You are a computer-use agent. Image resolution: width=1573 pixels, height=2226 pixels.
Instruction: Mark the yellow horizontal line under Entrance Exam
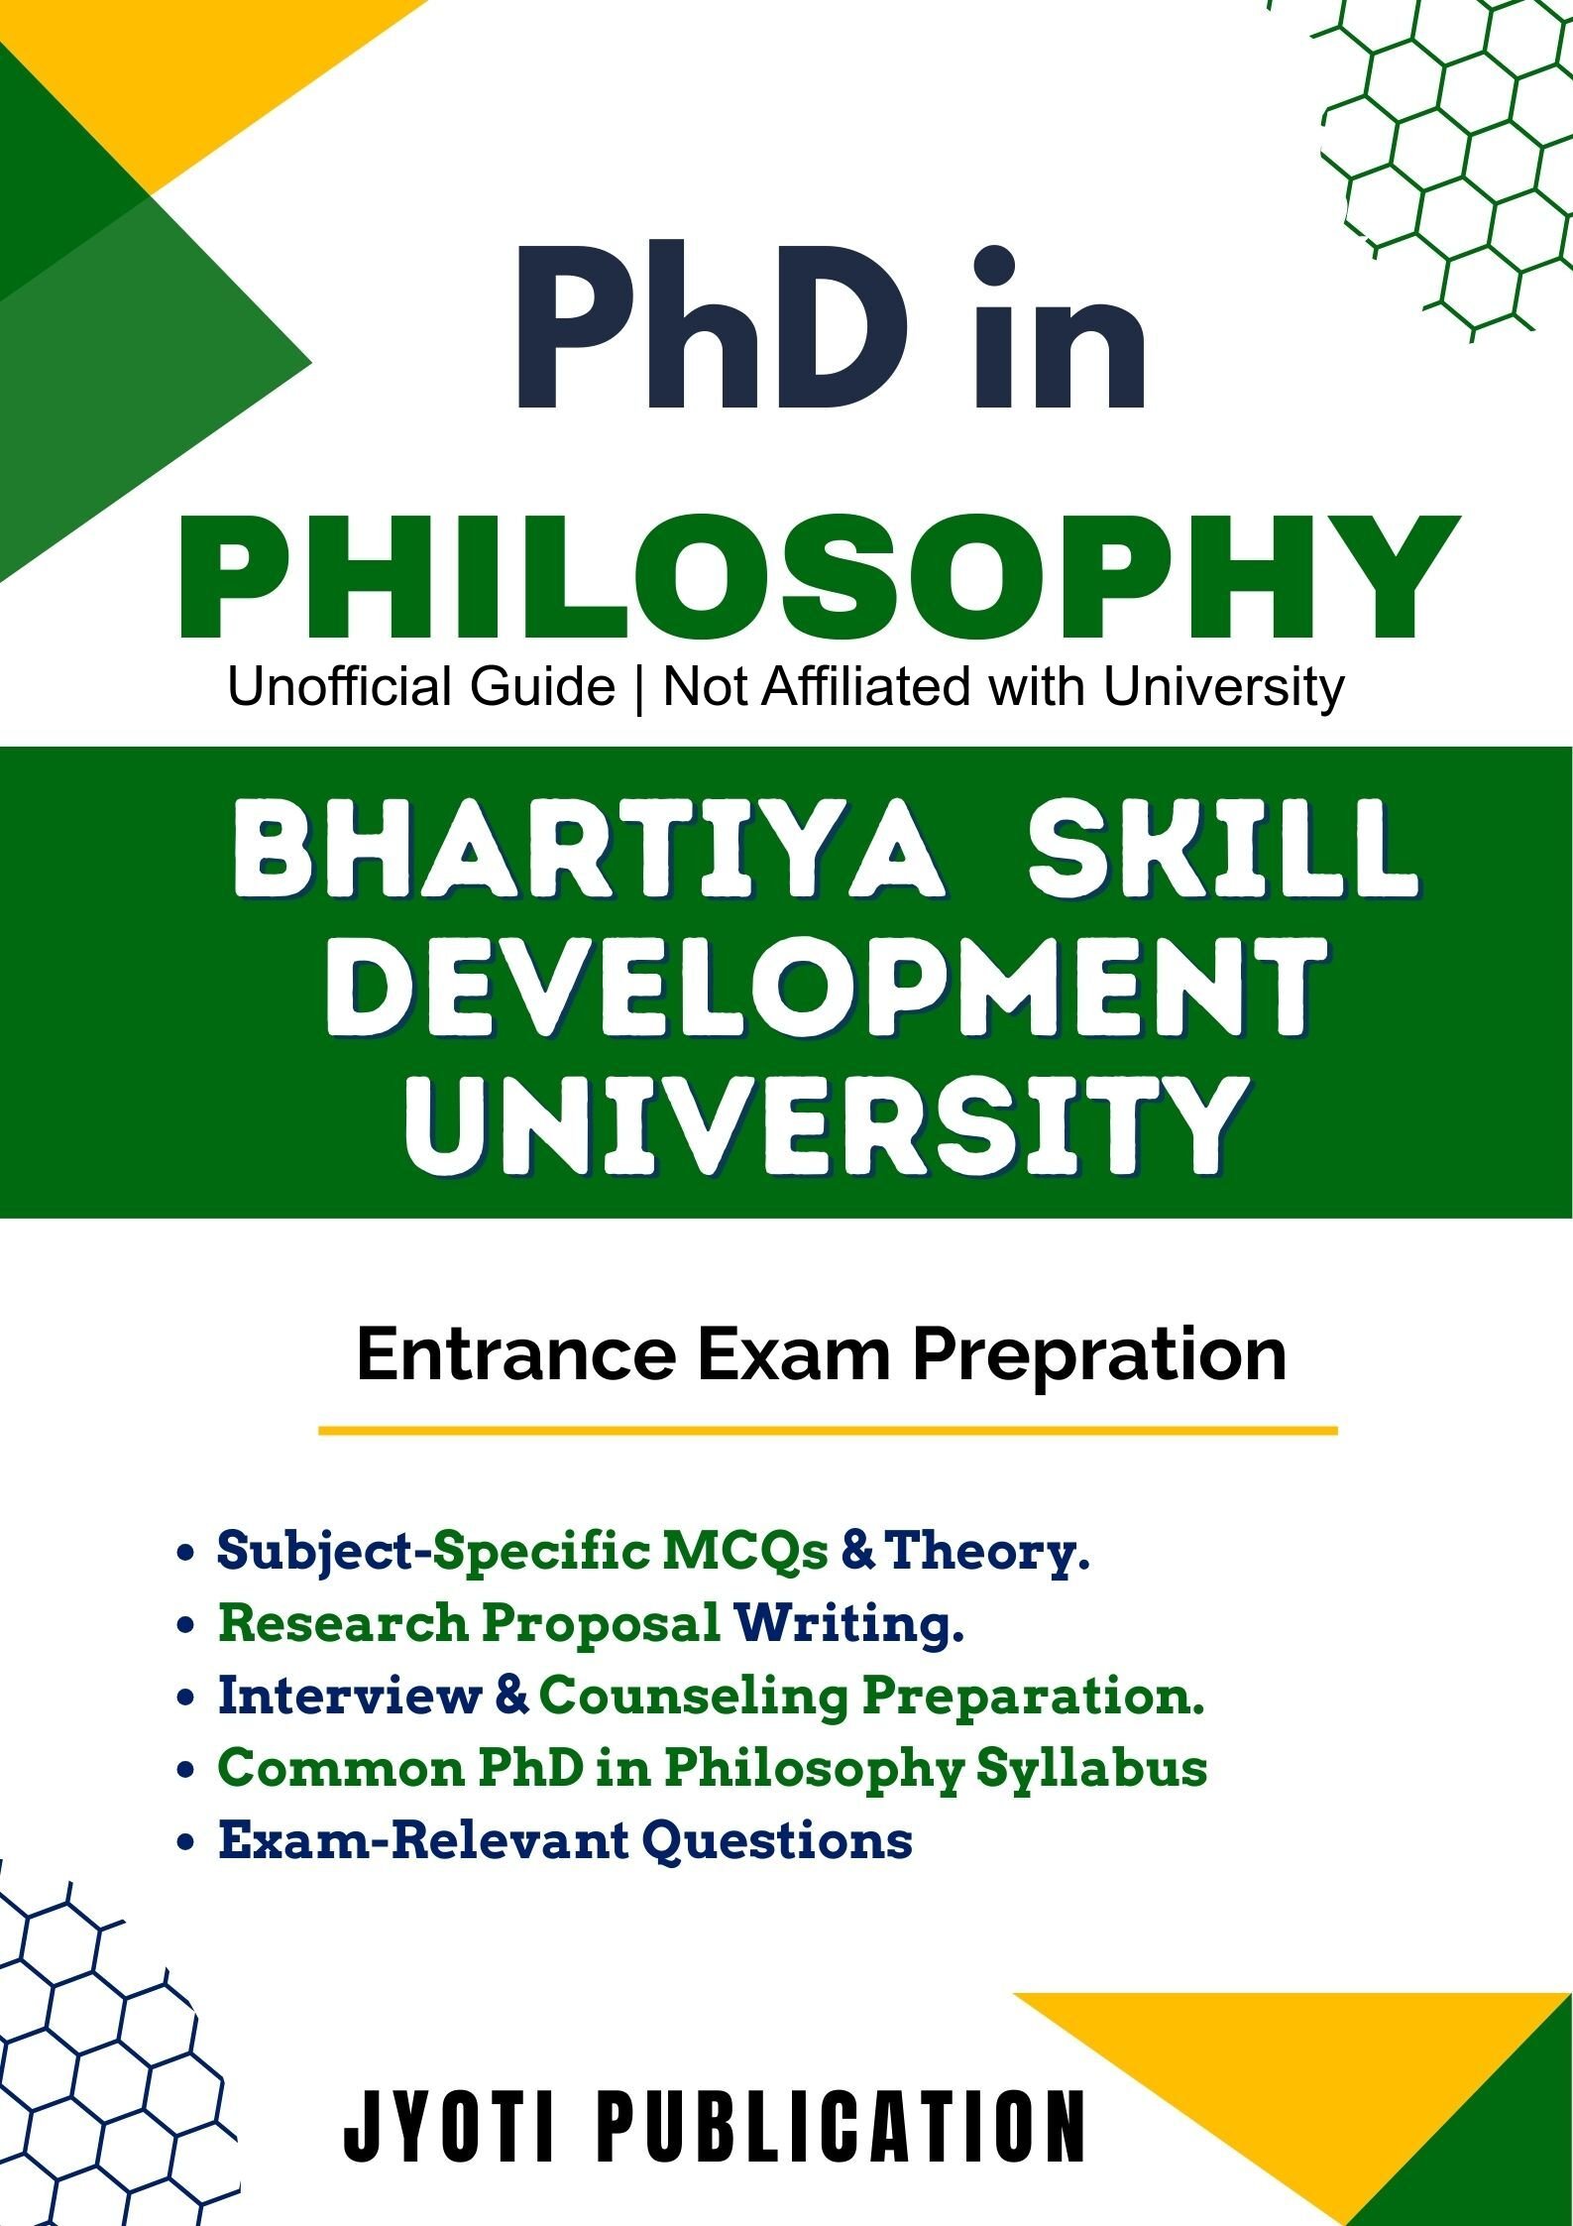click(x=828, y=1431)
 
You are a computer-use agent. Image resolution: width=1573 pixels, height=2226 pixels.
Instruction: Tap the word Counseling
click(x=694, y=1697)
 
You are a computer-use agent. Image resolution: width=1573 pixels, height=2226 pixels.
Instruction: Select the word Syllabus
click(x=1091, y=1769)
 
